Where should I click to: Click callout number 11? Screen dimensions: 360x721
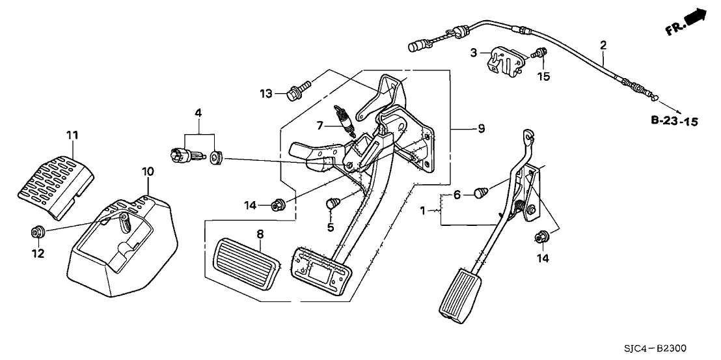(72, 135)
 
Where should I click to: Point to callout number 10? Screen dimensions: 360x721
(148, 171)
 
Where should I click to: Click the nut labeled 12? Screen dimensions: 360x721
(37, 231)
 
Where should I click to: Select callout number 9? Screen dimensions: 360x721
(481, 129)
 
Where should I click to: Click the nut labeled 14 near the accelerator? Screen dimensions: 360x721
(540, 238)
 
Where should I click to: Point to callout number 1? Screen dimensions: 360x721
(424, 210)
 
